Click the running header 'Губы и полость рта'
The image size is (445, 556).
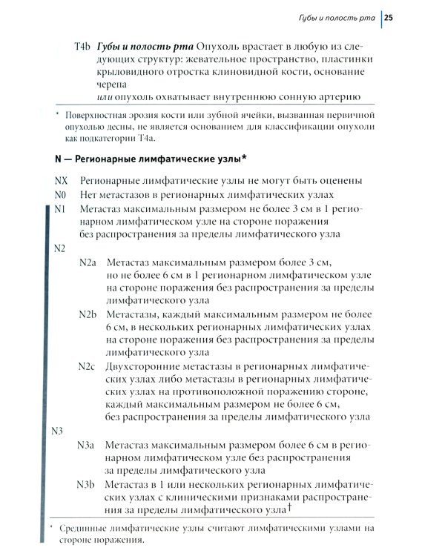pyautogui.click(x=334, y=16)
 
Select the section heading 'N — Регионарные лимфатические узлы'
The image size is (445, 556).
pyautogui.click(x=151, y=159)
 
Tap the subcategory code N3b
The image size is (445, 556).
pyautogui.click(x=88, y=484)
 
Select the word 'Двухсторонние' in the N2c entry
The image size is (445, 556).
pyautogui.click(x=144, y=367)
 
